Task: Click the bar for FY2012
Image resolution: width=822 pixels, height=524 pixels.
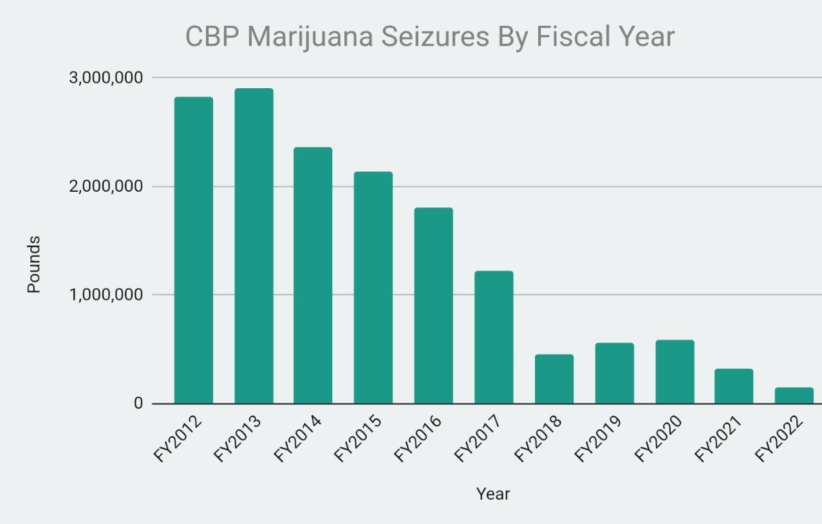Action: [x=193, y=250]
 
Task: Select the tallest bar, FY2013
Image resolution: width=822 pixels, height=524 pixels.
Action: [x=254, y=246]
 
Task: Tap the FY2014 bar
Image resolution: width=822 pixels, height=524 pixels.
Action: [x=313, y=276]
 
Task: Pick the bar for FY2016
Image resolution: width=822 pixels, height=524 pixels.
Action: [x=433, y=306]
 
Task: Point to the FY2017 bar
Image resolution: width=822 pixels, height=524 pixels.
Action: [x=494, y=337]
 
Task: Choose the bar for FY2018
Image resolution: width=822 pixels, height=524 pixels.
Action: [x=554, y=379]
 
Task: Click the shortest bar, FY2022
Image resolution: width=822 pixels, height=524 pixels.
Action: [x=794, y=395]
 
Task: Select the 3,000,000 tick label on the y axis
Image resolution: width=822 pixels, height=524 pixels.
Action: [x=106, y=78]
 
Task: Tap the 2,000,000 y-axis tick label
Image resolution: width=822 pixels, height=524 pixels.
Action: [x=106, y=187]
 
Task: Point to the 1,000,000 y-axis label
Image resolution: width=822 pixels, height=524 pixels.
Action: [x=106, y=295]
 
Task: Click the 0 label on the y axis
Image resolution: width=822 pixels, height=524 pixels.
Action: [x=138, y=404]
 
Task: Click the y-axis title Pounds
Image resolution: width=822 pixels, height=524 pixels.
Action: [x=34, y=265]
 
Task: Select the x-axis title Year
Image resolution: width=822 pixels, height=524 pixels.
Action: [x=493, y=494]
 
